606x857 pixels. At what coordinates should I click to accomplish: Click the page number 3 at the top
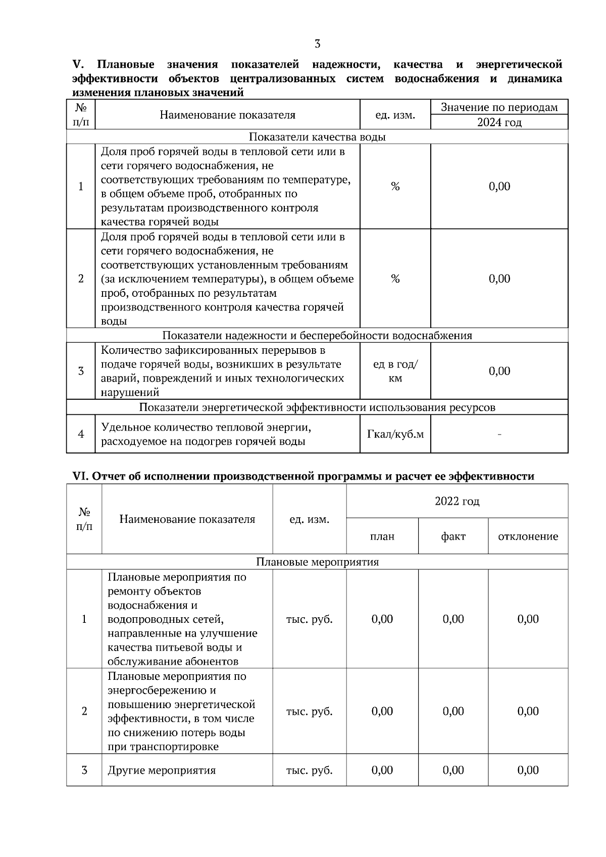317,44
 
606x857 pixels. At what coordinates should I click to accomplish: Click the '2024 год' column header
499,122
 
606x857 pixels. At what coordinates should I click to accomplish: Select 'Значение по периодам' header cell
499,108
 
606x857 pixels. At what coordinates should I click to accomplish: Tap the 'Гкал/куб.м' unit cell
395,434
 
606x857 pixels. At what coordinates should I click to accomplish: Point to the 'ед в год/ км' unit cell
395,371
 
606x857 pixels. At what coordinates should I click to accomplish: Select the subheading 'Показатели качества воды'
317,137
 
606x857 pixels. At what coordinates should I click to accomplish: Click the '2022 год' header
457,501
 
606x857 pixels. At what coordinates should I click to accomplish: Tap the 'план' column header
382,537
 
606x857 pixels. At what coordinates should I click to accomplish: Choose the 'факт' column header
453,537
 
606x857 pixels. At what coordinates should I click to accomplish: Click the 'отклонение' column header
528,537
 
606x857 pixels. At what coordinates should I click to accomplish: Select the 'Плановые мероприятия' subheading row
317,562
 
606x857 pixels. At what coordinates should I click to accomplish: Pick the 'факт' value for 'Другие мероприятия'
453,770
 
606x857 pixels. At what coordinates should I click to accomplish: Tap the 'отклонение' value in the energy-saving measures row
528,711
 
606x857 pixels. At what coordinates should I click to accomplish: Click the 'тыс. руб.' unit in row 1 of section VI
309,619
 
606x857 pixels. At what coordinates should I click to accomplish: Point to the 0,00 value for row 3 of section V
499,371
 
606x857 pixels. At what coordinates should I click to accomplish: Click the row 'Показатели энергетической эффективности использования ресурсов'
317,407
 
